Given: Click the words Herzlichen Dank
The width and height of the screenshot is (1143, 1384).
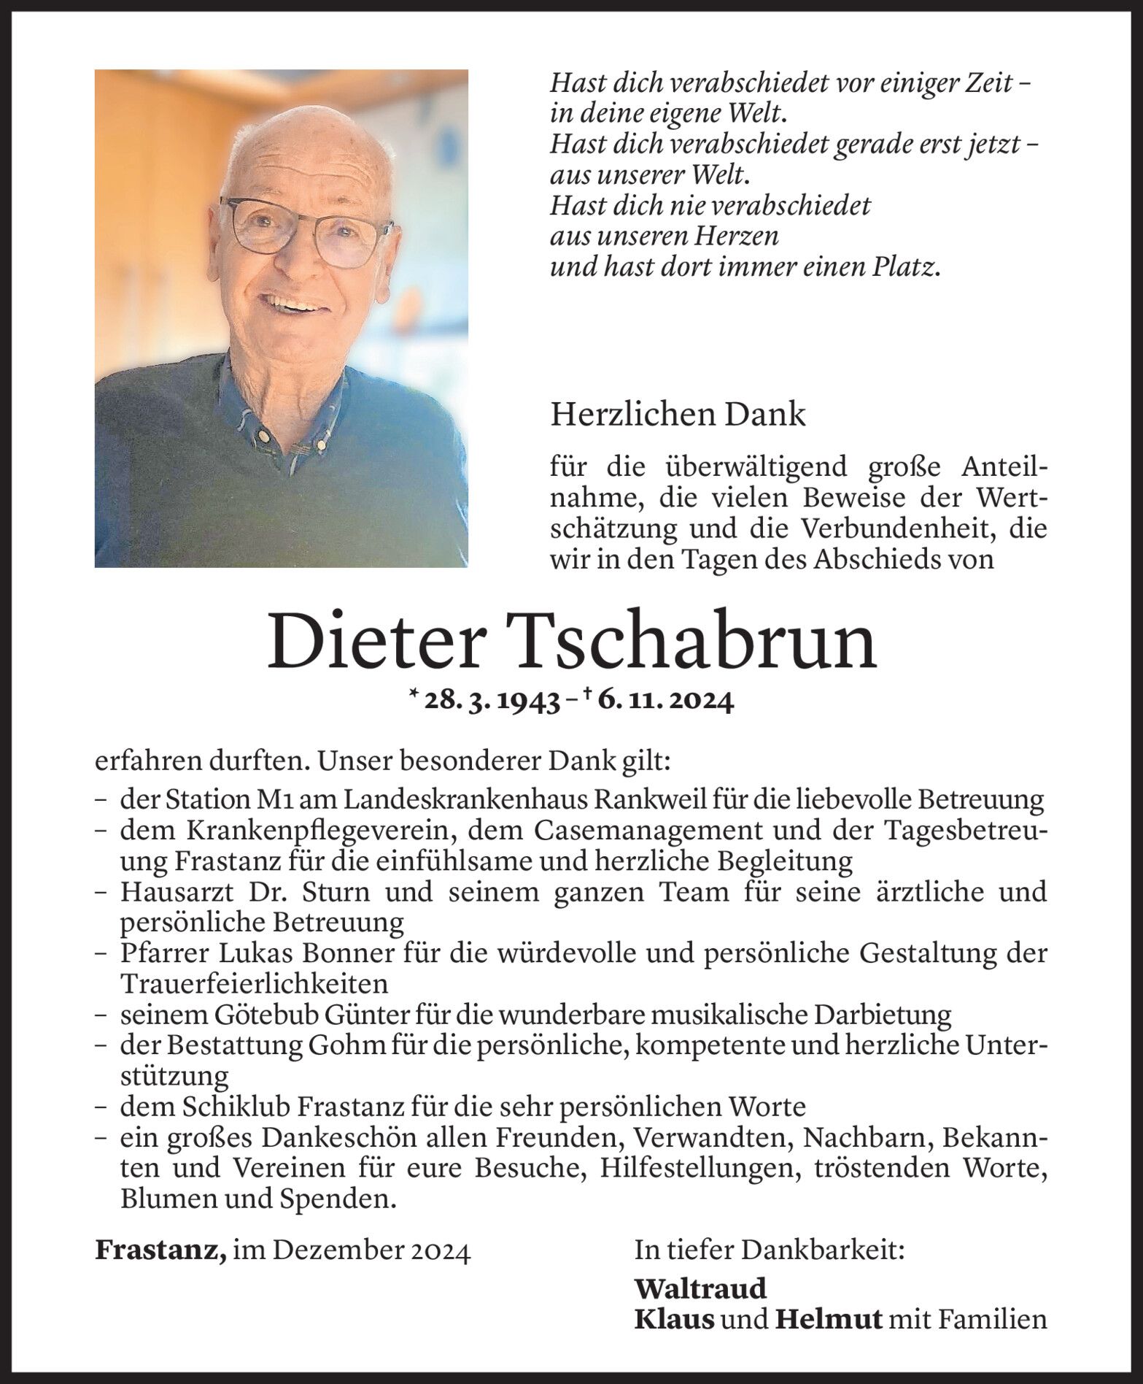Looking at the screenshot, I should coord(678,415).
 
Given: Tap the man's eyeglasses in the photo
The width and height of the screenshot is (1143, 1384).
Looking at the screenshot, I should coord(306,226).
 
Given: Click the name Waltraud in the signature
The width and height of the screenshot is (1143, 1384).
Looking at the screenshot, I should coord(700,1288).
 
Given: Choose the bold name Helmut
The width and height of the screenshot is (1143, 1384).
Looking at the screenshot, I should coord(828,1319).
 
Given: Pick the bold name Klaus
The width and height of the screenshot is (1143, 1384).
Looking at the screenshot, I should coord(674,1319).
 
